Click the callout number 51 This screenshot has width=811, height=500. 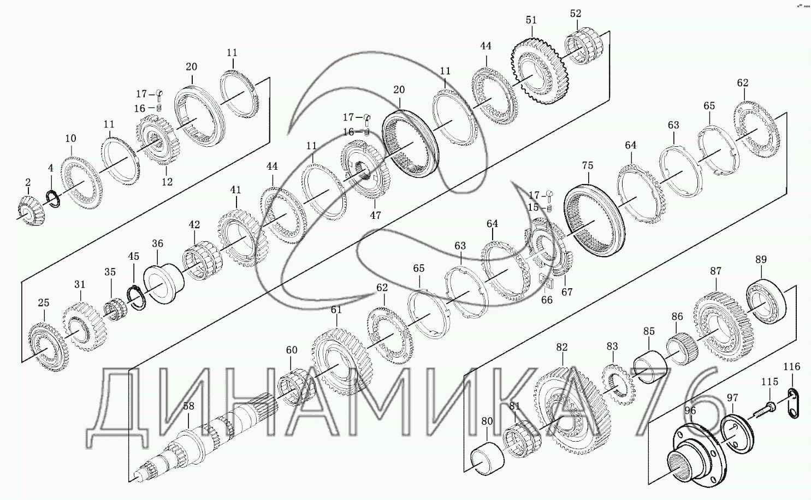point(531,20)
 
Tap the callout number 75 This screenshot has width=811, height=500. point(588,165)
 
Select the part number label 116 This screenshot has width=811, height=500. point(792,367)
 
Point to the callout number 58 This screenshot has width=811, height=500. point(188,406)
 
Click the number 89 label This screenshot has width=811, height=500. point(761,259)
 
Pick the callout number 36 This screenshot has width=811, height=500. point(157,243)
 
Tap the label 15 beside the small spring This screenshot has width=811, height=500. point(534,207)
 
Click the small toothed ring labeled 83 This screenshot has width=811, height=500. point(618,385)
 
